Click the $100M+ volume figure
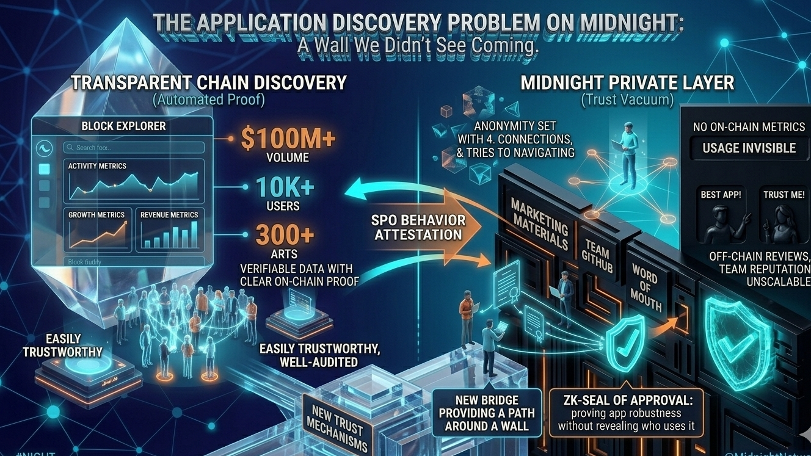(x=288, y=138)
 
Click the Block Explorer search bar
(x=134, y=147)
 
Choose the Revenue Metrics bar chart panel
(x=169, y=230)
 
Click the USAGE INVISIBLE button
(x=749, y=148)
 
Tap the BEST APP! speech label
(x=721, y=195)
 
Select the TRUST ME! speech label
(x=784, y=195)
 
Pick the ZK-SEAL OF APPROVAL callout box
(x=627, y=413)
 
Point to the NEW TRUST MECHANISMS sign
(x=337, y=425)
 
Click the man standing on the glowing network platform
(x=627, y=153)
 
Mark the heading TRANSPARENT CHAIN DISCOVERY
(x=209, y=82)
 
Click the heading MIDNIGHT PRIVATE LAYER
(x=627, y=82)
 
